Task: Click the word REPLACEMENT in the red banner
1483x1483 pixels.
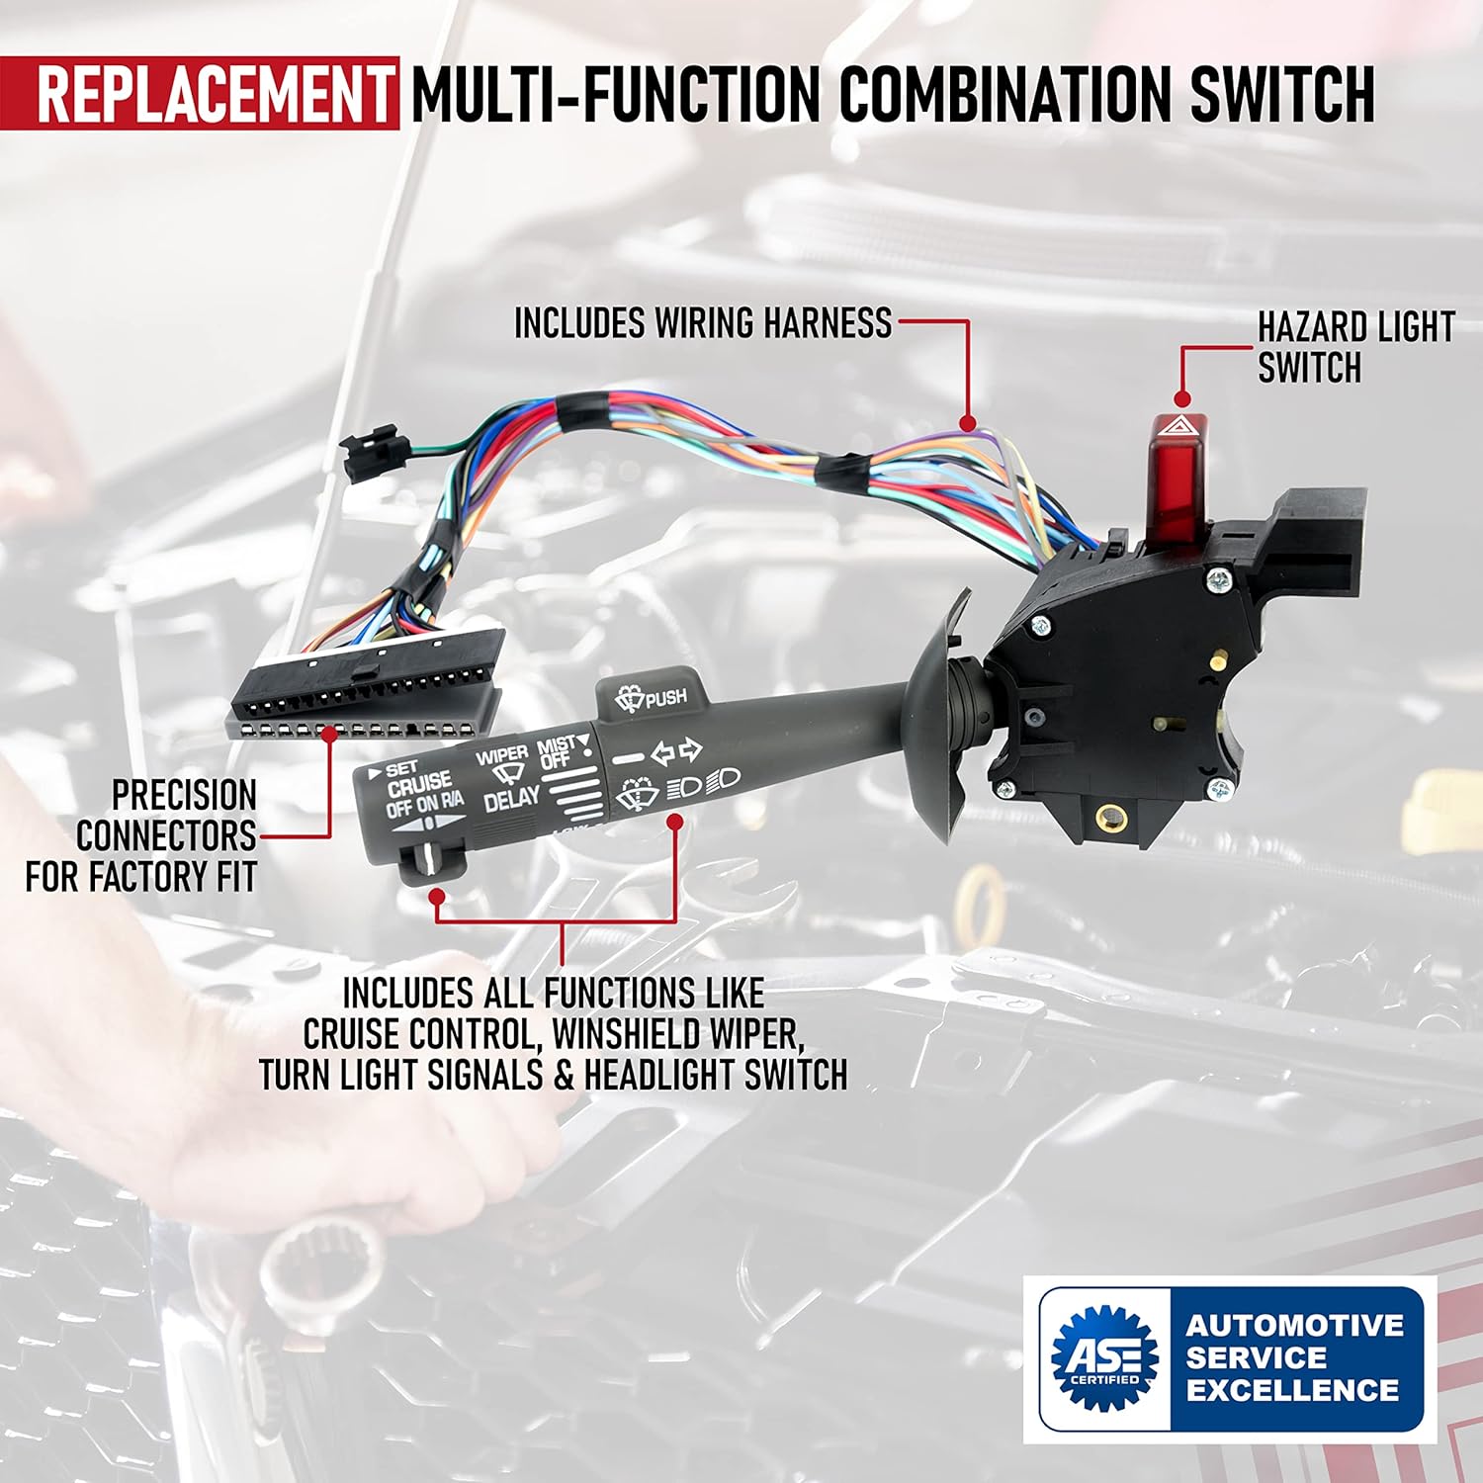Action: pyautogui.click(x=215, y=93)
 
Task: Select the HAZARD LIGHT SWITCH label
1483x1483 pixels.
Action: pyautogui.click(x=1354, y=347)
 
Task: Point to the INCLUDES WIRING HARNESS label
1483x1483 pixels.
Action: pyautogui.click(x=703, y=323)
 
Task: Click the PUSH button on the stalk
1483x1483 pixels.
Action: pyautogui.click(x=653, y=696)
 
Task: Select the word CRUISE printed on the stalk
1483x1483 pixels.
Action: pyautogui.click(x=419, y=786)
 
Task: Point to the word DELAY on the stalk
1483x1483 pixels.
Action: pyautogui.click(x=511, y=799)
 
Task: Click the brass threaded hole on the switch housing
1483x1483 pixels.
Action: pyautogui.click(x=1104, y=817)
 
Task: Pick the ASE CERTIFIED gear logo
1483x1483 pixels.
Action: pyautogui.click(x=1104, y=1357)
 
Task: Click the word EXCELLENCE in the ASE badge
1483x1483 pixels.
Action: pyautogui.click(x=1293, y=1389)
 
